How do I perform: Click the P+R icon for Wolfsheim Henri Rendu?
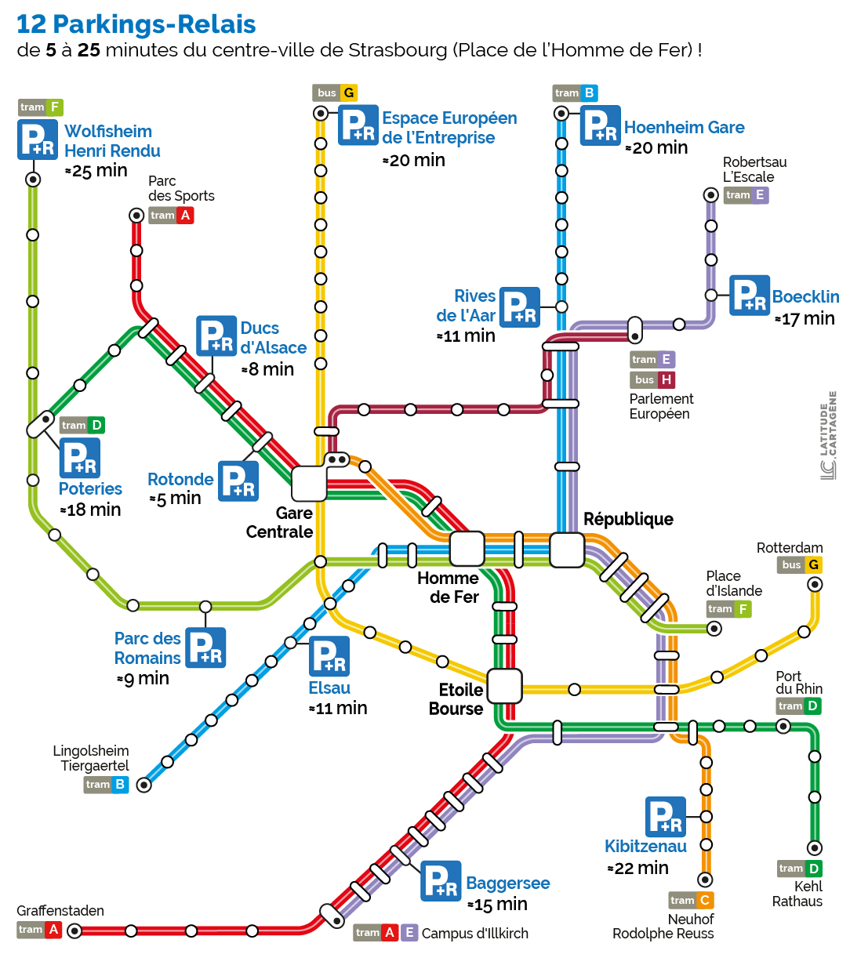[x=38, y=140]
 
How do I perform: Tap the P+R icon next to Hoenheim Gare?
[x=601, y=125]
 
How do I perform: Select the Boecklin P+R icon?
[x=750, y=296]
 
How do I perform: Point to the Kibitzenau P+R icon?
[x=666, y=817]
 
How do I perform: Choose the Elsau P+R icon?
[x=329, y=656]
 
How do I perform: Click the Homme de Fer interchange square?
[x=467, y=549]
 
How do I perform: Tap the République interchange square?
[x=567, y=550]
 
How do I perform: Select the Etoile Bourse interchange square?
[x=504, y=687]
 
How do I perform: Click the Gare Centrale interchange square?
[x=309, y=484]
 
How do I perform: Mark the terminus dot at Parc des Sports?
[x=136, y=215]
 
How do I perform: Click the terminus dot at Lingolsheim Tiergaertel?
[x=144, y=784]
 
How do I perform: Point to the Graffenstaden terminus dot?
[x=74, y=931]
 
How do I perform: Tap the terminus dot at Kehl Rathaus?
[x=815, y=847]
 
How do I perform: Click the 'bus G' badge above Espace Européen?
[x=335, y=93]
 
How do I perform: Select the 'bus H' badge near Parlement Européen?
[x=652, y=379]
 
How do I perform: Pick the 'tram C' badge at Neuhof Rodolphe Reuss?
[x=691, y=900]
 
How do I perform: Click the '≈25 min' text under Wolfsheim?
[x=96, y=171]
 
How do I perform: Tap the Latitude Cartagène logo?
[x=829, y=436]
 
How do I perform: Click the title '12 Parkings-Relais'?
[x=136, y=24]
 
